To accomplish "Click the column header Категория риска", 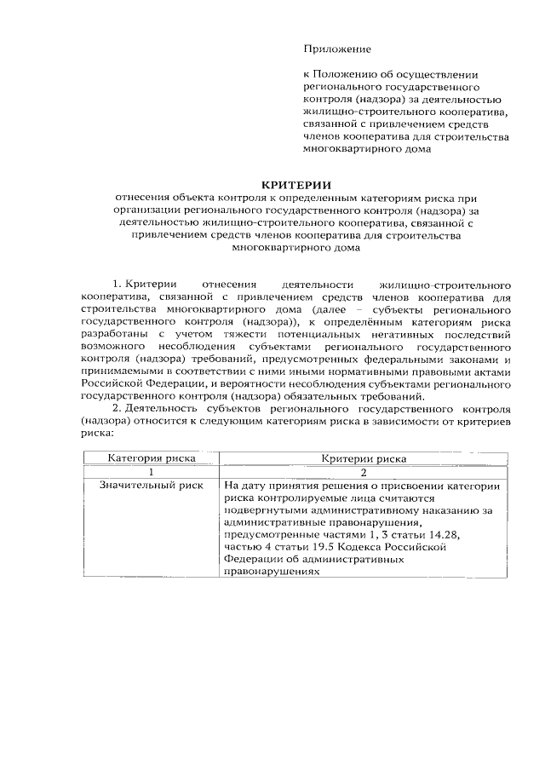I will pyautogui.click(x=151, y=458).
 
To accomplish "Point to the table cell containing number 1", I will pyautogui.click(x=151, y=472).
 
